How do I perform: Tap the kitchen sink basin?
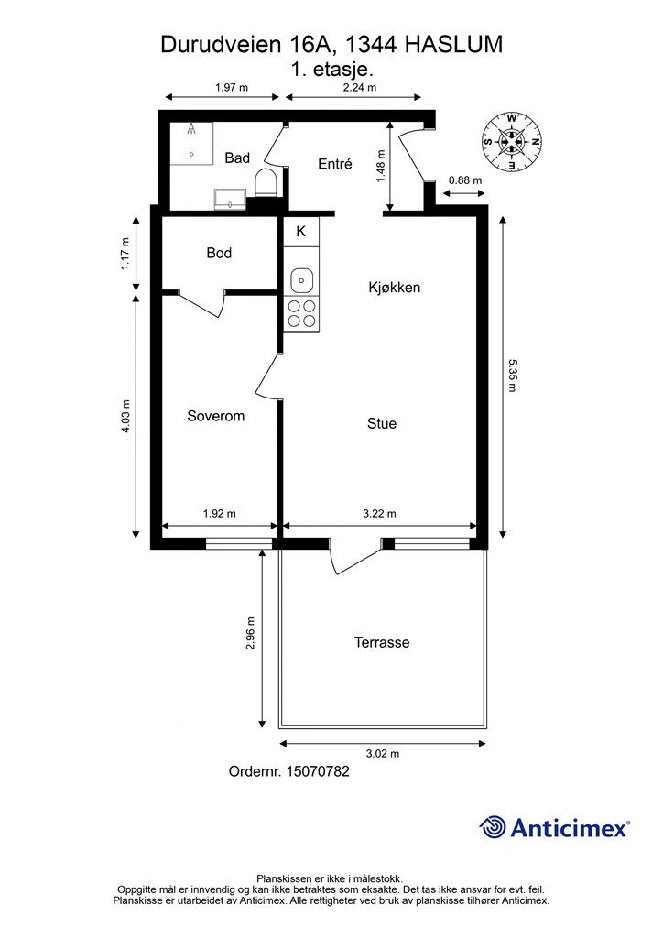pos(302,280)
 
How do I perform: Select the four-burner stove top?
pos(302,313)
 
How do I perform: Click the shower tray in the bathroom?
pos(191,143)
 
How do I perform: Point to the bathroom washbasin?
pos(231,199)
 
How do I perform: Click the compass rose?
pos(512,141)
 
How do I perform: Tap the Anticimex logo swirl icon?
pos(493,827)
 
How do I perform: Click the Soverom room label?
pos(216,416)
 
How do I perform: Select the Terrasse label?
pos(382,642)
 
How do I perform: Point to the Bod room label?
pos(219,253)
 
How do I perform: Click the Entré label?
pos(335,163)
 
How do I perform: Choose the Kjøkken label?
pos(395,287)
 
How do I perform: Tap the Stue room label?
pos(382,423)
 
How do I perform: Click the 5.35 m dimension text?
pos(512,375)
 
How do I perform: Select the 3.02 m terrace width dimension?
pos(383,754)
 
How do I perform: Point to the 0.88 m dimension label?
pos(465,180)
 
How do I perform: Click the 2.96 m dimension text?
pos(251,634)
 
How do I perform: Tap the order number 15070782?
pos(318,771)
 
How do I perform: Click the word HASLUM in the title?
pos(454,45)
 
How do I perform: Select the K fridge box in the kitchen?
pos(301,232)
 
